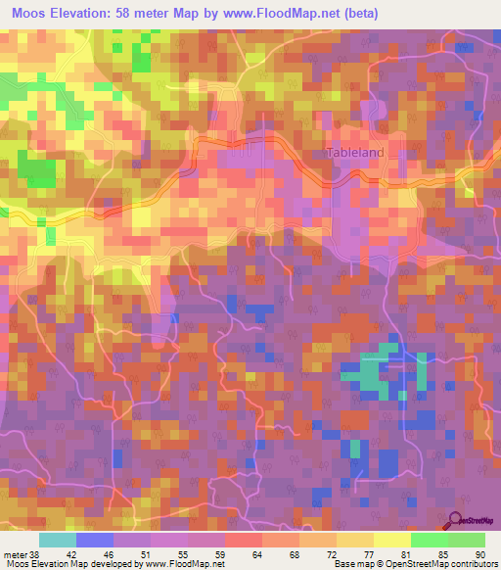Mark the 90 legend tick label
(479, 554)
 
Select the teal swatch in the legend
(58, 540)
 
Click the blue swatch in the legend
(95, 540)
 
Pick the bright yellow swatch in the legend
(391, 540)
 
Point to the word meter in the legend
(15, 554)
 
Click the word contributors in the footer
(469, 564)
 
